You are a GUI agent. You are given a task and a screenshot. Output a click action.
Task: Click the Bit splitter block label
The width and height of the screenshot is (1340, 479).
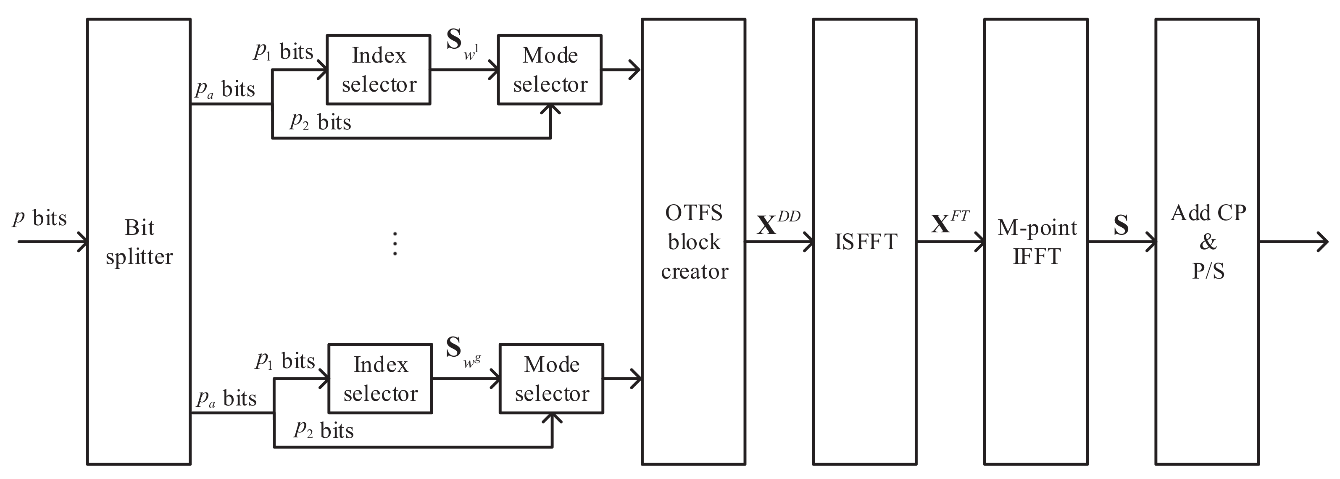[x=139, y=242]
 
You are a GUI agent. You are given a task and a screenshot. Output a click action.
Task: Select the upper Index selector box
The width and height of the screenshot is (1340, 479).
[x=378, y=70]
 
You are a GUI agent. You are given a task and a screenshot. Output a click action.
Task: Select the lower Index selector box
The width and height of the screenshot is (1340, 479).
[x=380, y=379]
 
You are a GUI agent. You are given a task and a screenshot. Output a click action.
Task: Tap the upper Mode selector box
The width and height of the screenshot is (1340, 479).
[x=550, y=70]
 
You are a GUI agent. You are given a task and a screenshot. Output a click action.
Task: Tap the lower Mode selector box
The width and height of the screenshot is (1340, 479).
[x=551, y=379]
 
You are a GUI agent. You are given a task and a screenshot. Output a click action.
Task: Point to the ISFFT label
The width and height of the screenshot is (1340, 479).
[x=866, y=242]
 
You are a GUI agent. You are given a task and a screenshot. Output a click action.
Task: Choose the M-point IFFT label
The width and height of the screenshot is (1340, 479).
[x=1037, y=242]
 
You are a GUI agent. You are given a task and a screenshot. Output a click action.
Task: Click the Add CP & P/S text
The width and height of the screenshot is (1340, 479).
[x=1208, y=242]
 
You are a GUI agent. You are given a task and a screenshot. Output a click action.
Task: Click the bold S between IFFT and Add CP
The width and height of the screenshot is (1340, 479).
[x=1121, y=225]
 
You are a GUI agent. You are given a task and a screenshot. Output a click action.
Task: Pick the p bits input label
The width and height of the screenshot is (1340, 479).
[x=40, y=218]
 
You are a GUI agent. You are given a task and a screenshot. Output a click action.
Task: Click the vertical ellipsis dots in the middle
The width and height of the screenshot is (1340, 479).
[x=395, y=243]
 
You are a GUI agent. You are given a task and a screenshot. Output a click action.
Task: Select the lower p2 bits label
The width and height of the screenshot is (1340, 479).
[x=324, y=431]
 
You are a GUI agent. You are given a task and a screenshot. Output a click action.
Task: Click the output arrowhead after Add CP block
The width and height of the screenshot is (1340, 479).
[x=1322, y=242]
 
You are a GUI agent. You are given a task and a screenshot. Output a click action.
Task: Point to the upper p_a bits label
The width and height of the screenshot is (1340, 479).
[x=225, y=89]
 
